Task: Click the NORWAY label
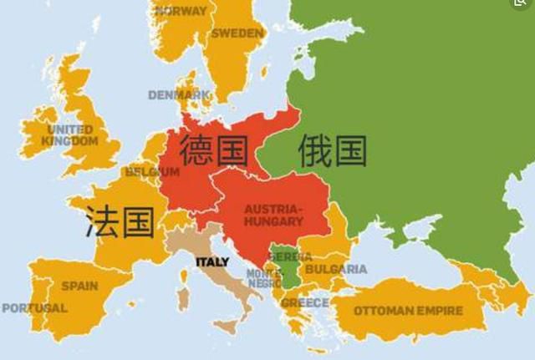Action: click(181, 12)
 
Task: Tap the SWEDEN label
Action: click(237, 33)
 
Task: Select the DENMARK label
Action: click(179, 95)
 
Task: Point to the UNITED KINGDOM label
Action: click(71, 135)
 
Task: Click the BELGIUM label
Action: click(152, 172)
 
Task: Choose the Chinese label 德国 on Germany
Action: click(214, 150)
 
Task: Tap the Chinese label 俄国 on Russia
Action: click(333, 150)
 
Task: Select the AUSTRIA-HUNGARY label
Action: click(273, 215)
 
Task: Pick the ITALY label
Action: click(212, 261)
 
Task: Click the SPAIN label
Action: click(79, 286)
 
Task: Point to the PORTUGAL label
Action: click(34, 308)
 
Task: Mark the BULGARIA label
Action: click(335, 269)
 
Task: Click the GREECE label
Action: click(304, 302)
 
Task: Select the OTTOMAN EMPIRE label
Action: click(408, 311)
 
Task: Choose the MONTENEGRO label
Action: click(264, 278)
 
